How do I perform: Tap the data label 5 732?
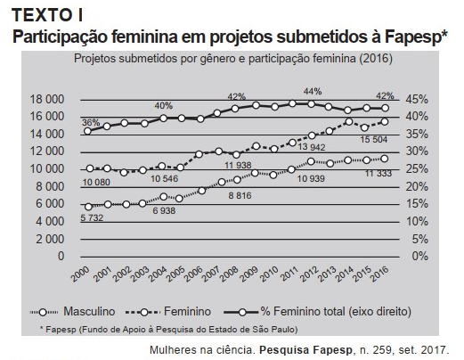(85, 218)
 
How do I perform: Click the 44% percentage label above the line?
(312, 92)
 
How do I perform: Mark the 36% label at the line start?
(91, 122)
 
